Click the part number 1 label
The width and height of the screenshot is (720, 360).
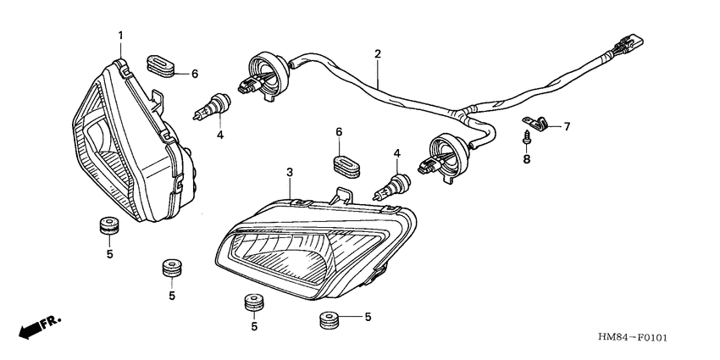[x=120, y=36]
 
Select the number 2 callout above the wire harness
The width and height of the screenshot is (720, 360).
[x=378, y=54]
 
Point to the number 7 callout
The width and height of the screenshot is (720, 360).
[x=567, y=126]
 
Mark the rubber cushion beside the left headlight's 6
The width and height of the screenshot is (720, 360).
[x=160, y=64]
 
